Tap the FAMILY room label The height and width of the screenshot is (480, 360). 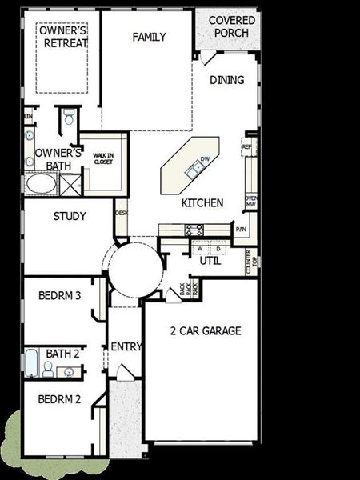[150, 37]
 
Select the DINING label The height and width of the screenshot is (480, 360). [226, 80]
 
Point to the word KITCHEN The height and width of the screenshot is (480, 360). [202, 202]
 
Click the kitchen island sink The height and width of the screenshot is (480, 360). [194, 168]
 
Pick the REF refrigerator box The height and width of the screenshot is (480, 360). [247, 147]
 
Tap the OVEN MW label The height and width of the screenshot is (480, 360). [250, 202]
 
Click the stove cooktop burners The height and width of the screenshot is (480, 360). [194, 230]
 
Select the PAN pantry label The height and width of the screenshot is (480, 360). [241, 230]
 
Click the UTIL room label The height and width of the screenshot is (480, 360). [210, 261]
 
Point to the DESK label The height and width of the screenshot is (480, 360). [122, 213]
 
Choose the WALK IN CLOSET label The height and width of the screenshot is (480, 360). [103, 159]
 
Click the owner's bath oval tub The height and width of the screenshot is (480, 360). [40, 184]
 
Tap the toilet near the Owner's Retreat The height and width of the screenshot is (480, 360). [70, 118]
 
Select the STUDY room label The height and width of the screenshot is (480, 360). [70, 216]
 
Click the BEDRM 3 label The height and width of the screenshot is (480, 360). [60, 295]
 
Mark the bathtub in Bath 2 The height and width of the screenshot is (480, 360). [30, 364]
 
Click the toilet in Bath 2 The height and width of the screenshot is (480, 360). [48, 368]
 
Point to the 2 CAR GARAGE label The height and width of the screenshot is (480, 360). [206, 330]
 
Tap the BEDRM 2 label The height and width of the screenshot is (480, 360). [60, 399]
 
